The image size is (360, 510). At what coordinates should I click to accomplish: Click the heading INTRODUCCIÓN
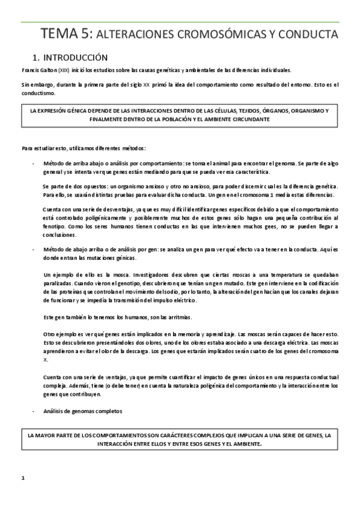(x=75, y=58)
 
